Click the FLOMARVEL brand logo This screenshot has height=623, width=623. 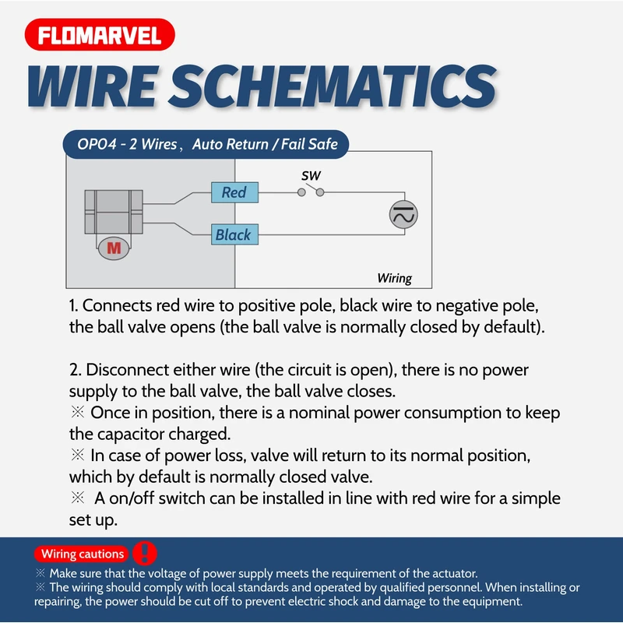(x=100, y=36)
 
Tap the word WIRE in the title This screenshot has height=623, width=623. (x=92, y=86)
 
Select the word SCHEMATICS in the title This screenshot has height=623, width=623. (x=332, y=86)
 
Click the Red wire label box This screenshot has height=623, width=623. (x=234, y=192)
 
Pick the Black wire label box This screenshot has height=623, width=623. (x=234, y=234)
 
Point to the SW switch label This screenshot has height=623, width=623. (x=311, y=176)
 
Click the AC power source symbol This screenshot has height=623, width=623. (x=403, y=214)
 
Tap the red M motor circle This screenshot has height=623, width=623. (x=114, y=248)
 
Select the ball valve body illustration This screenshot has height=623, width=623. (x=114, y=209)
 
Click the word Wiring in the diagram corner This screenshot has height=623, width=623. (x=394, y=278)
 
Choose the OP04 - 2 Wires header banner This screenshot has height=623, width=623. (x=206, y=144)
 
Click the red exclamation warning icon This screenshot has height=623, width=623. (x=145, y=553)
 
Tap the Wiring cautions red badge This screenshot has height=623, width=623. (x=83, y=554)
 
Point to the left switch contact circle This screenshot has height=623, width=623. (x=301, y=192)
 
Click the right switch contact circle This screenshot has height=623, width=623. (x=320, y=192)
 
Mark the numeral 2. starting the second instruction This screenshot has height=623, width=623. (x=75, y=370)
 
